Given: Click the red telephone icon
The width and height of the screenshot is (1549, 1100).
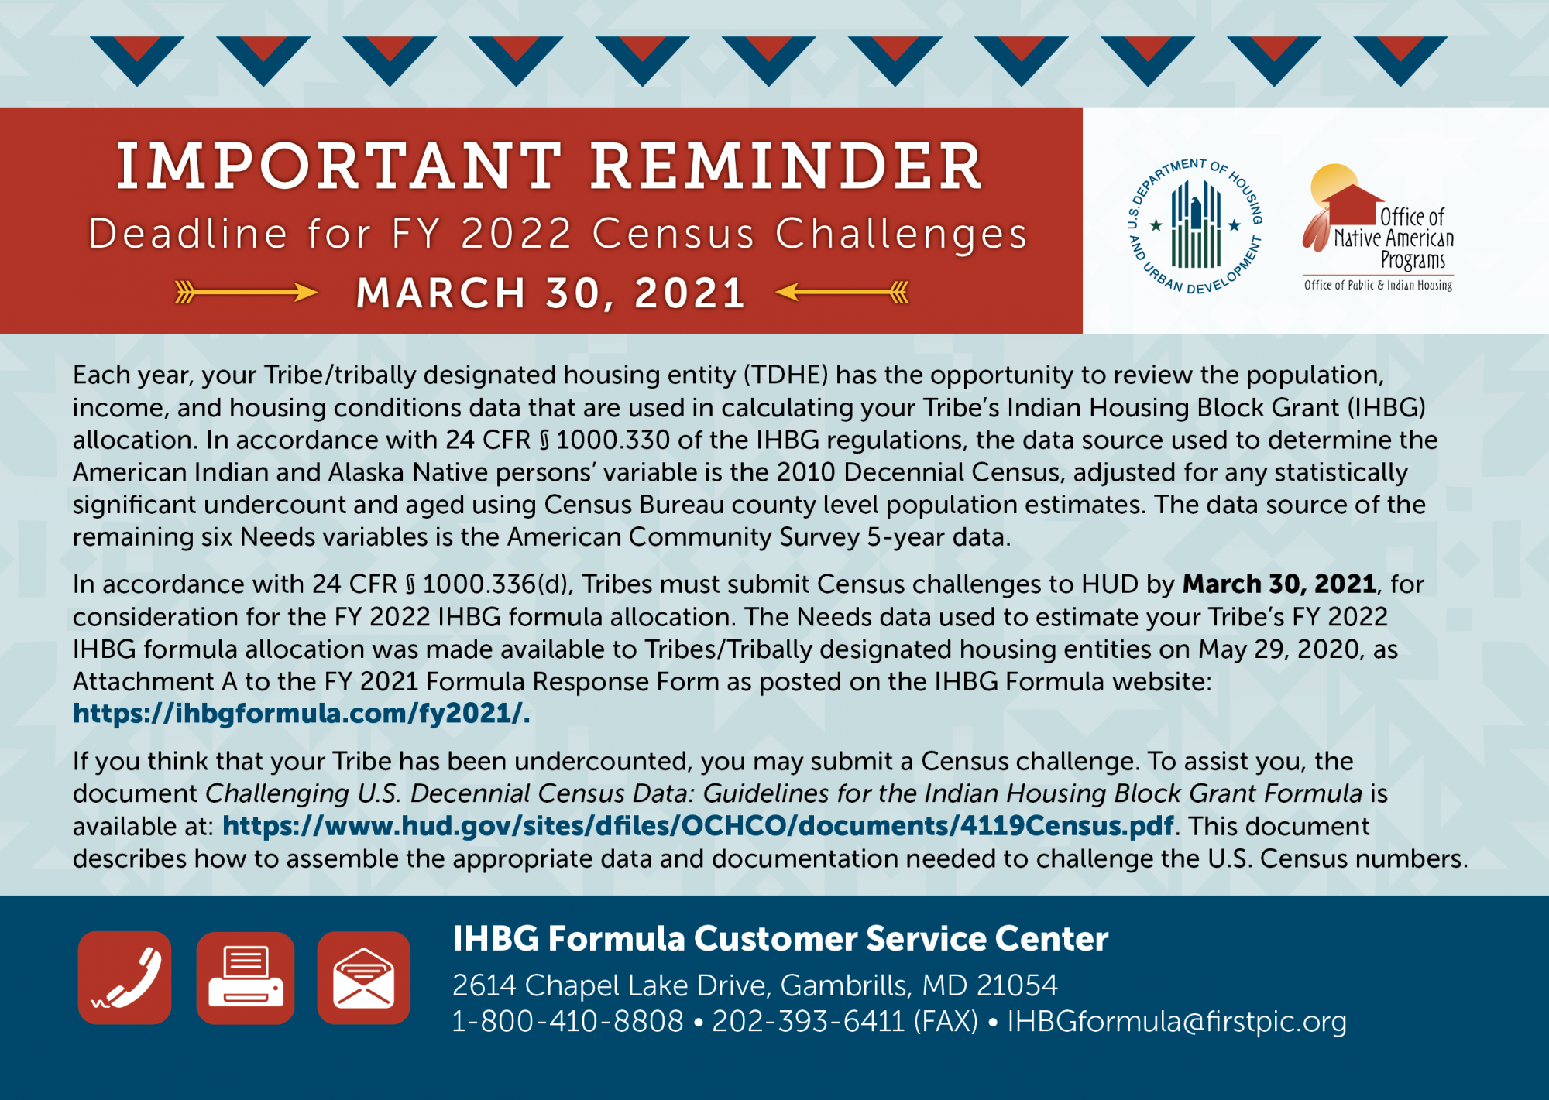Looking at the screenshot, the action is [x=125, y=978].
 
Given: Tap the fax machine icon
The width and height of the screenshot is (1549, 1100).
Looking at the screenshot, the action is [x=246, y=978].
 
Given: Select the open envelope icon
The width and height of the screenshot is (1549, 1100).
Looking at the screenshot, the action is [x=363, y=978].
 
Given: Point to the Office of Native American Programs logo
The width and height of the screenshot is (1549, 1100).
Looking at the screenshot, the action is [x=1379, y=228].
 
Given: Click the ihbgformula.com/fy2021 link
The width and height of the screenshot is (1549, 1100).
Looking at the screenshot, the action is [x=301, y=713].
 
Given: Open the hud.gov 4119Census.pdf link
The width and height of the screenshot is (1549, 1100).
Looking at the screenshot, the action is [x=698, y=826].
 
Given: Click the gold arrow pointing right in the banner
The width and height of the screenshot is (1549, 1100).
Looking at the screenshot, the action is [x=246, y=292].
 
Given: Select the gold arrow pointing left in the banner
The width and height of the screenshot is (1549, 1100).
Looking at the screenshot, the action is [x=842, y=292].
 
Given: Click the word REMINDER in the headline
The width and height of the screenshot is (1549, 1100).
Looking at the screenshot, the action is [x=786, y=166].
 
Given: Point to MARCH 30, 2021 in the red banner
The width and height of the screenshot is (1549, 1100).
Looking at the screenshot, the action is [x=551, y=293].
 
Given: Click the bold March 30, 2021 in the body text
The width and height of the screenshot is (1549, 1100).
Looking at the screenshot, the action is [x=1279, y=584].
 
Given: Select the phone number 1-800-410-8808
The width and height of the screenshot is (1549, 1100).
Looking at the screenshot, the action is [x=568, y=1021].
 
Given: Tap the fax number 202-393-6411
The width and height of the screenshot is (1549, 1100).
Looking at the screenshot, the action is [x=809, y=1021].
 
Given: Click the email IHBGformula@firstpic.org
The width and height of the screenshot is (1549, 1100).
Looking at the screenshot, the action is [x=1176, y=1022].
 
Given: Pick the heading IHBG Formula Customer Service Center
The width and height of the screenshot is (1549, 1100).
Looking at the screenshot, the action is [x=781, y=938].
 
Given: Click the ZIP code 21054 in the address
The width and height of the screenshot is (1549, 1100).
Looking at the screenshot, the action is [x=1017, y=985].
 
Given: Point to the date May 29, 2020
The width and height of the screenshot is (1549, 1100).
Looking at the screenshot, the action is [x=1279, y=649].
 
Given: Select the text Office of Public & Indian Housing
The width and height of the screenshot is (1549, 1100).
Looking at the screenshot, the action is [x=1379, y=285].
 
